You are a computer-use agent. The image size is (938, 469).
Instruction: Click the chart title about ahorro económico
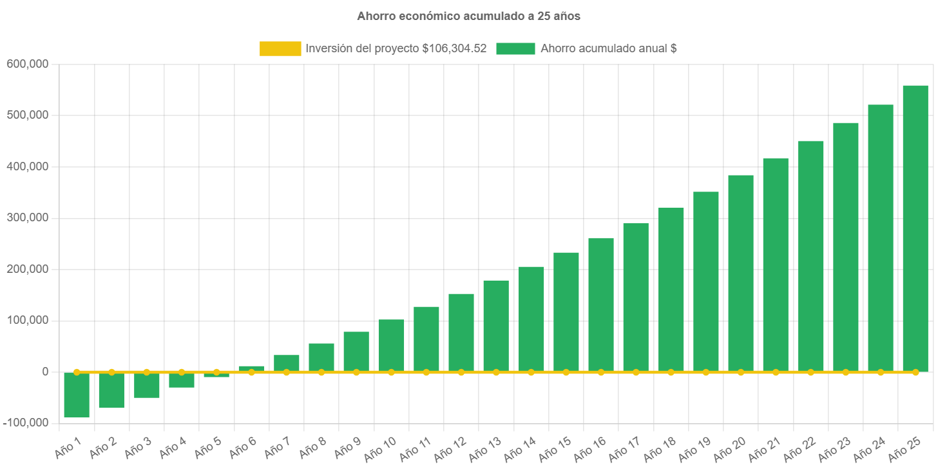[x=468, y=16]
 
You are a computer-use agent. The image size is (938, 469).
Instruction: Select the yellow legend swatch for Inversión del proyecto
[x=280, y=48]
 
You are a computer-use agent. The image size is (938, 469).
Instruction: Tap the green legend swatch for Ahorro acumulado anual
[x=515, y=48]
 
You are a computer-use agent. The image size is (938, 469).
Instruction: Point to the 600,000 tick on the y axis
[x=27, y=64]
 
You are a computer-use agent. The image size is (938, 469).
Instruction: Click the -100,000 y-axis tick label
[x=26, y=423]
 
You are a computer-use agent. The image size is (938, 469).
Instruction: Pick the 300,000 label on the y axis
[x=27, y=217]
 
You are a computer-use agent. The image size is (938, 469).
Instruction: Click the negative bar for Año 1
[x=77, y=395]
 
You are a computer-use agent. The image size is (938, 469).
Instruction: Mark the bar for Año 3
[x=146, y=386]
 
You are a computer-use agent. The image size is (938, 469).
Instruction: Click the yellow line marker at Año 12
[x=461, y=372]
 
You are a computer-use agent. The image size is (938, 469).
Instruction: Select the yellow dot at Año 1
[x=77, y=372]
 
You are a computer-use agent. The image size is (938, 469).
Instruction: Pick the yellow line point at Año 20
[x=740, y=372]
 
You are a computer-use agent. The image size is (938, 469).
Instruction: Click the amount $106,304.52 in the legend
[x=454, y=48]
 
